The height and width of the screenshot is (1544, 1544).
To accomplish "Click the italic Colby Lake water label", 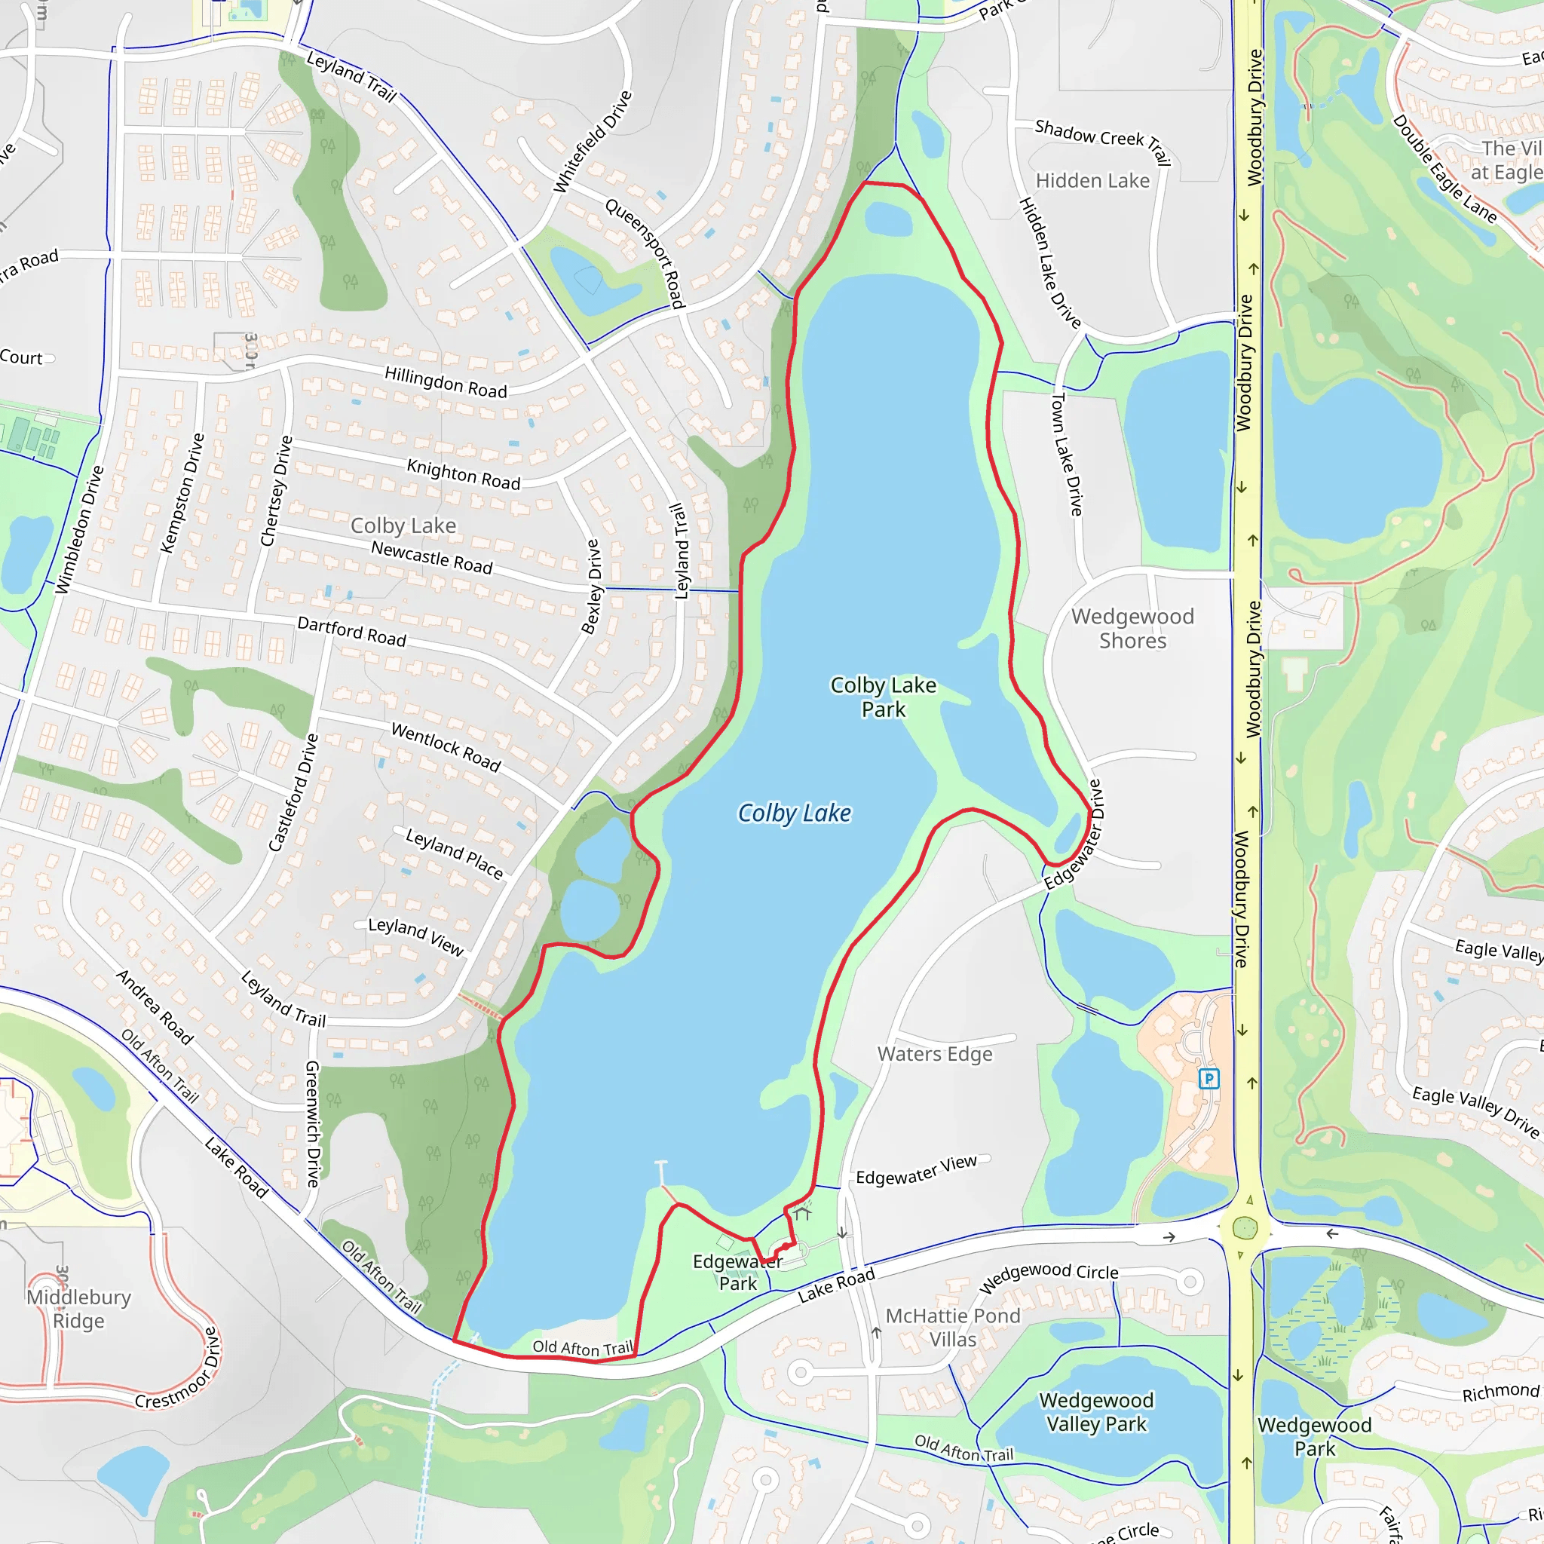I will pyautogui.click(x=794, y=813).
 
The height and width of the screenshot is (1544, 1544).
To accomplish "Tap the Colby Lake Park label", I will pyautogui.click(x=883, y=697).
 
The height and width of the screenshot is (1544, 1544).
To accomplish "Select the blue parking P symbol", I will pyautogui.click(x=1209, y=1079).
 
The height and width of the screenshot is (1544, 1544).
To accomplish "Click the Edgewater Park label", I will pyautogui.click(x=737, y=1273).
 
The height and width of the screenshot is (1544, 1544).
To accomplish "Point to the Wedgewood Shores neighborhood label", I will pyautogui.click(x=1132, y=628).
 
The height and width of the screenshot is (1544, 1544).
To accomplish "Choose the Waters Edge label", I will pyautogui.click(x=935, y=1054).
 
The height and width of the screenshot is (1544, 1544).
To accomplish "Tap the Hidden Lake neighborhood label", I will pyautogui.click(x=1092, y=181).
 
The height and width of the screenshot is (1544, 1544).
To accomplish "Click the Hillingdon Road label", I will pyautogui.click(x=445, y=382).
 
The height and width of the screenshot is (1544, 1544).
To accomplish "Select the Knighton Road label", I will pyautogui.click(x=464, y=474).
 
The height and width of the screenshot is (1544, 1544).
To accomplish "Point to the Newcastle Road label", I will pyautogui.click(x=431, y=557).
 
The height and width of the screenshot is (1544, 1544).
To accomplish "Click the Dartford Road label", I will pyautogui.click(x=351, y=631).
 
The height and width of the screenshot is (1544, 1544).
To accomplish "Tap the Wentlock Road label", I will pyautogui.click(x=446, y=746).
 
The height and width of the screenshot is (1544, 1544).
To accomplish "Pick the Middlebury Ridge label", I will pyautogui.click(x=78, y=1309).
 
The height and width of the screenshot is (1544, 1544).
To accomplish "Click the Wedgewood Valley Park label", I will pyautogui.click(x=1096, y=1412).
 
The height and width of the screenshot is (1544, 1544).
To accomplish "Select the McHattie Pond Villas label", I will pyautogui.click(x=953, y=1328).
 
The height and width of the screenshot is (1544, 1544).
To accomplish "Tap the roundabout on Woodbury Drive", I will pyautogui.click(x=1245, y=1228).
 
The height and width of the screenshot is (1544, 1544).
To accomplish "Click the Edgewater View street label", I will pyautogui.click(x=916, y=1170).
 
